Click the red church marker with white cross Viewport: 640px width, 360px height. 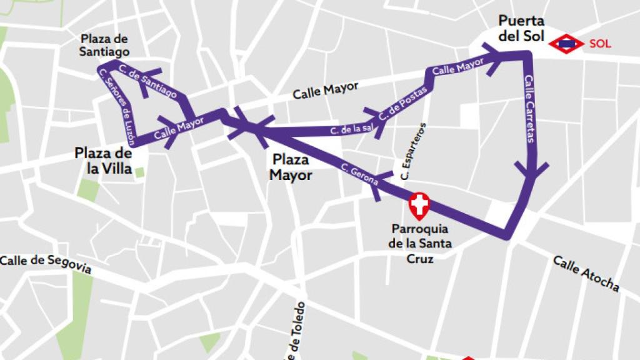419,204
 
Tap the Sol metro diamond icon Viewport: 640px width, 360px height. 567,43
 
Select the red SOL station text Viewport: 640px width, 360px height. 599,44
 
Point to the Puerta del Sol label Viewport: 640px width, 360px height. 521,29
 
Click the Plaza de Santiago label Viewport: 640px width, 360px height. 104,46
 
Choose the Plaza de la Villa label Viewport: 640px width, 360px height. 103,161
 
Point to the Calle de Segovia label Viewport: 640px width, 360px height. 46,264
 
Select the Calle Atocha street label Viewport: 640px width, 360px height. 586,273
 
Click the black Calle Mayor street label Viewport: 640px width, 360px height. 325,91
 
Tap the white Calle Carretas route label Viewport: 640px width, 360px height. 529,109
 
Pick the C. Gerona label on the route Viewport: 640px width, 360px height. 360,175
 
